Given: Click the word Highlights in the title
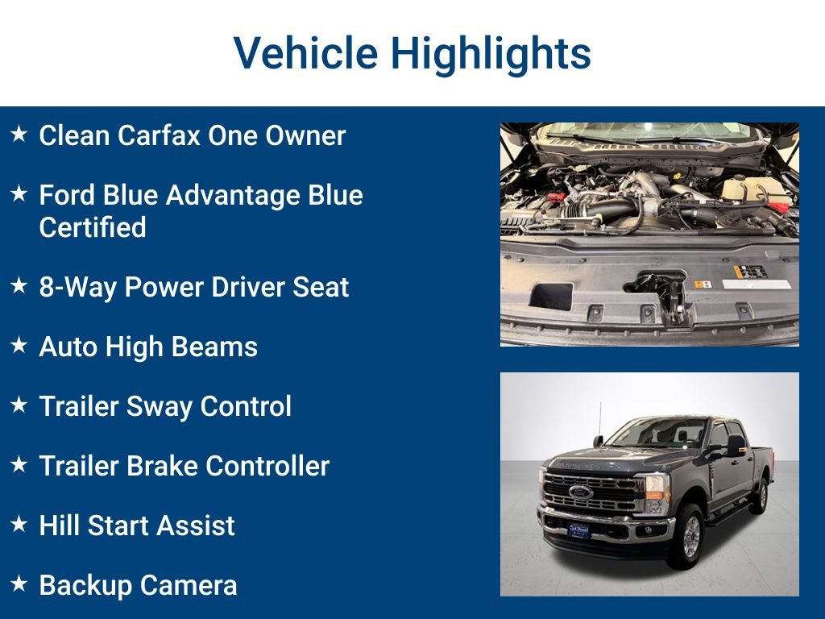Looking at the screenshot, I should (x=491, y=53).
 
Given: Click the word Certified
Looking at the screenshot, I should (x=93, y=227).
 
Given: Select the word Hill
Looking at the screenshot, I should (x=59, y=526).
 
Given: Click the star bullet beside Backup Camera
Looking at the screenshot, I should (x=19, y=582).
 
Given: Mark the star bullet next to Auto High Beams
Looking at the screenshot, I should (x=19, y=344).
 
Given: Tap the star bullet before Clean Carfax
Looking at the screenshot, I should (x=19, y=133).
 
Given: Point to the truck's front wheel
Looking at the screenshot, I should (x=687, y=536).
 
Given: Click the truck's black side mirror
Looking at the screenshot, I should (x=735, y=446).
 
